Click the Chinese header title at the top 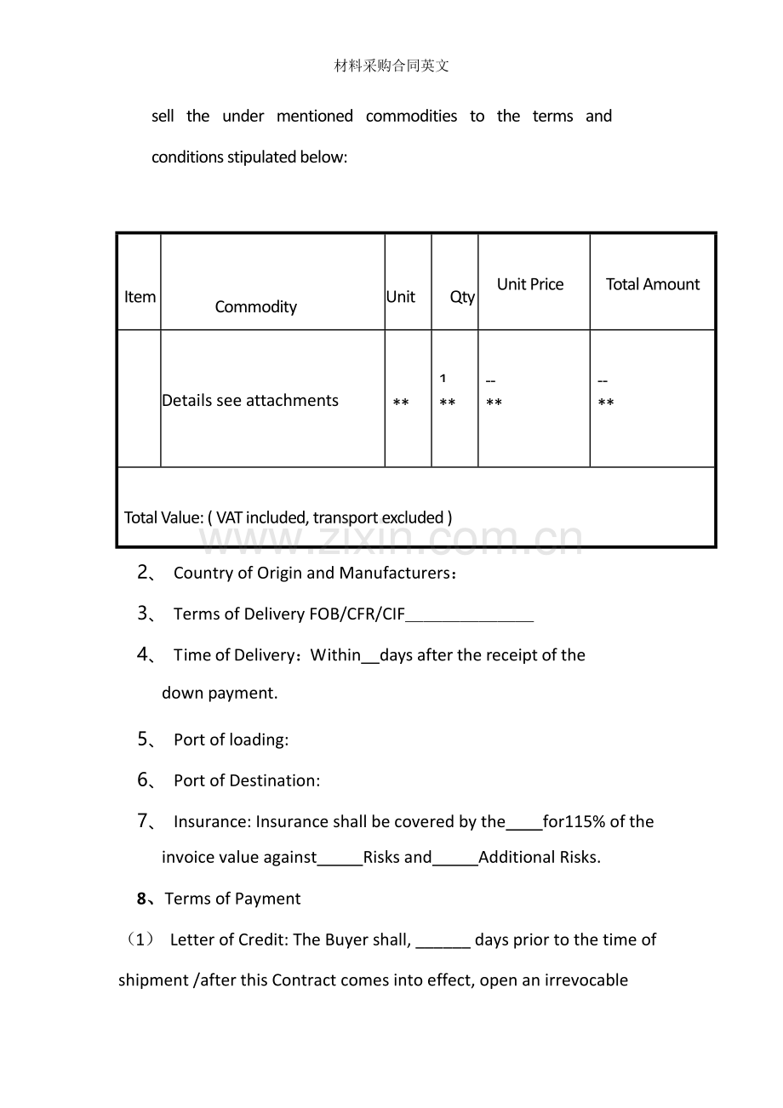click(x=391, y=66)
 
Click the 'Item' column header click(x=140, y=297)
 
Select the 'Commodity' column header click(x=255, y=307)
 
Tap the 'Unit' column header click(x=400, y=297)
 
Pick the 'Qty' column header click(x=462, y=297)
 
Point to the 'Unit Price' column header click(x=530, y=284)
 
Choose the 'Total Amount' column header click(x=653, y=284)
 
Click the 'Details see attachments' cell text click(x=250, y=401)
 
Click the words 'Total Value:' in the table click(x=163, y=517)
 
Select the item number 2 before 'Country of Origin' click(x=144, y=573)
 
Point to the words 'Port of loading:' click(x=231, y=740)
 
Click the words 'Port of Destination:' click(x=247, y=780)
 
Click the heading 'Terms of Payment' click(x=232, y=899)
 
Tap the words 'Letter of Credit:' click(x=230, y=940)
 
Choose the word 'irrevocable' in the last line click(x=586, y=980)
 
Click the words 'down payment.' click(x=220, y=693)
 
